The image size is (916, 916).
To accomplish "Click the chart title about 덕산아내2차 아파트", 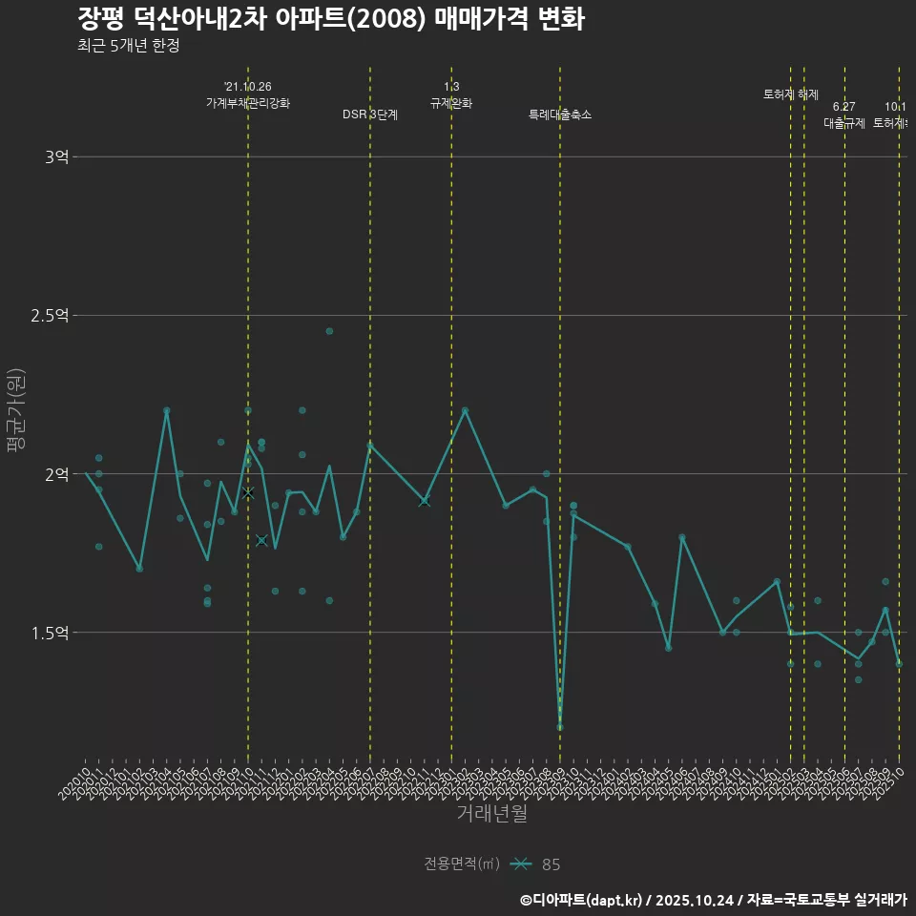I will (x=330, y=19).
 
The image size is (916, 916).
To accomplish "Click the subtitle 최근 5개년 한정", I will (x=128, y=46).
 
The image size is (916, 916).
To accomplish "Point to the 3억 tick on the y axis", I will (x=56, y=156).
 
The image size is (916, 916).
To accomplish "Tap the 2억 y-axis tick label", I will (x=56, y=474).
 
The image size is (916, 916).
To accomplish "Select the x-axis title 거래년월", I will (x=491, y=814).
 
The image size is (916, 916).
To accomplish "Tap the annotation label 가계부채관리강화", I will (x=248, y=103).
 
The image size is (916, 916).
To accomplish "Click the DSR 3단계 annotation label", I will (x=370, y=114).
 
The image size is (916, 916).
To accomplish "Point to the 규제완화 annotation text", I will (x=451, y=103).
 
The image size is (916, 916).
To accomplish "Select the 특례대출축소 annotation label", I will (x=560, y=114).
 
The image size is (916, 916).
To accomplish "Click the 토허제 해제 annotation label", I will (x=791, y=94).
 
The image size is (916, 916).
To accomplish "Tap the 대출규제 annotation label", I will (x=843, y=123).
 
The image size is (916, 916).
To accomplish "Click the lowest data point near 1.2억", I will (x=560, y=727).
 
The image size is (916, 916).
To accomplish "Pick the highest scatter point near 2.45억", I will (x=329, y=331).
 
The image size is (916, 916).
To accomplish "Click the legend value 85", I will (x=551, y=864).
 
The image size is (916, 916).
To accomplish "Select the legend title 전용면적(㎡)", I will (x=462, y=864).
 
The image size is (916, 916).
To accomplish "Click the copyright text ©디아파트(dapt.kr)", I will (x=583, y=900).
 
